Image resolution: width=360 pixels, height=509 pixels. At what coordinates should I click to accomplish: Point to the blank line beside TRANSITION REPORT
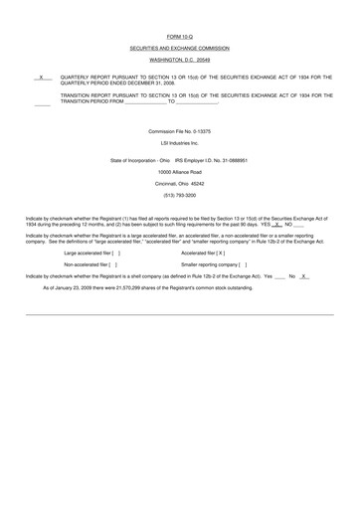tap(41, 101)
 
